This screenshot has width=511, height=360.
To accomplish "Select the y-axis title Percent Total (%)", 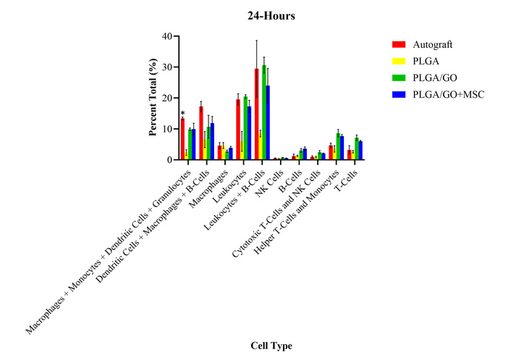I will (153, 99).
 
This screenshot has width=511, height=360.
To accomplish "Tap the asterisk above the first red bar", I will (182, 113).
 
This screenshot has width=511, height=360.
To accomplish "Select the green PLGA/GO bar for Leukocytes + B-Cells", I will (264, 113).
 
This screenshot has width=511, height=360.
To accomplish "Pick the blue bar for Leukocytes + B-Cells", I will (269, 123).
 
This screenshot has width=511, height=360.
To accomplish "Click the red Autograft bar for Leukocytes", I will (238, 130).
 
